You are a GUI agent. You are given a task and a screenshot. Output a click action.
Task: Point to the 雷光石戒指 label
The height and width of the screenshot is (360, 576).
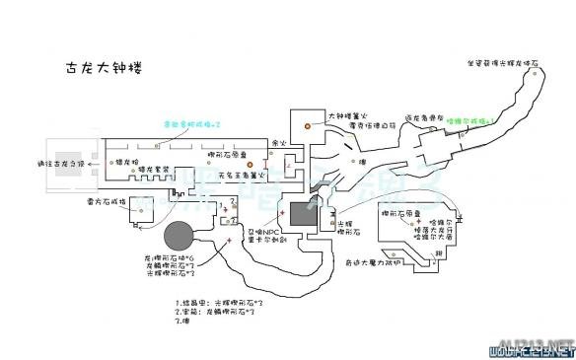(x=103, y=201)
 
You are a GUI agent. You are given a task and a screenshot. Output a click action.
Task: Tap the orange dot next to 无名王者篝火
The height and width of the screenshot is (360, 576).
(x=251, y=163)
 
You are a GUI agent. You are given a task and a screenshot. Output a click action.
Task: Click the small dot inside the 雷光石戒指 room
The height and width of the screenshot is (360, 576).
(x=134, y=223)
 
